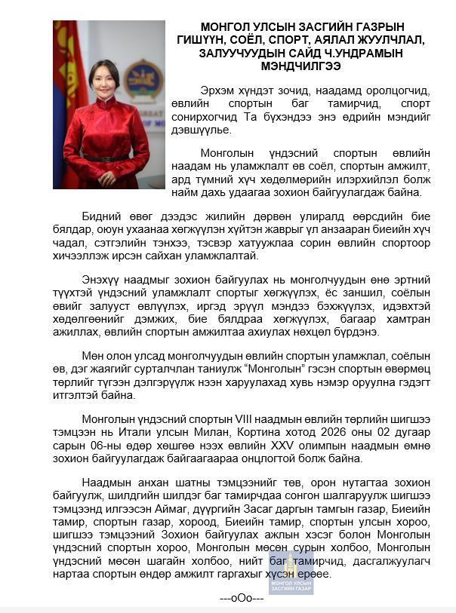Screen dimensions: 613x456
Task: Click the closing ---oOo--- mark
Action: [241, 598]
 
